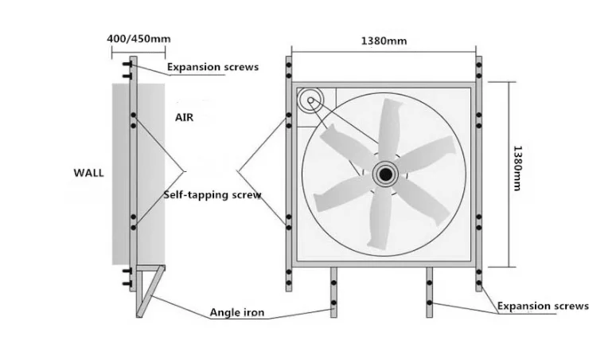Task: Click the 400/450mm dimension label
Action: (x=138, y=38)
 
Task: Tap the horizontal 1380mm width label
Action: (x=384, y=41)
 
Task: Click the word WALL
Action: (x=88, y=173)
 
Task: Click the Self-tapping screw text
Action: (x=212, y=195)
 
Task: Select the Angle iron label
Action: (x=237, y=312)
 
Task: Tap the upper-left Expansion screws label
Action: (x=212, y=67)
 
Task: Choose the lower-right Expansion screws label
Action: (x=543, y=306)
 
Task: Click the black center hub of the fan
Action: (x=385, y=174)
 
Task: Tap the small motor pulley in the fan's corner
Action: (x=309, y=100)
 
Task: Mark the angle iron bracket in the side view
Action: (x=150, y=291)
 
